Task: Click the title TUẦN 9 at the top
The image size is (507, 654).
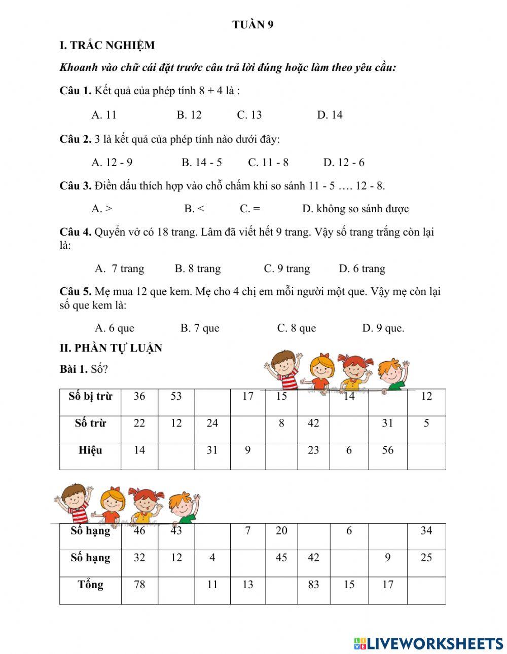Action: click(253, 25)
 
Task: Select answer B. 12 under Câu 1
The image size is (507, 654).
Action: click(189, 115)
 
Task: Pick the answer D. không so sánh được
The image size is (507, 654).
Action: click(355, 209)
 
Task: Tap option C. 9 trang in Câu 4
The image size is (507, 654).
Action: click(286, 268)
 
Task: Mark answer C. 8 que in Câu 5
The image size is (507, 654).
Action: click(296, 328)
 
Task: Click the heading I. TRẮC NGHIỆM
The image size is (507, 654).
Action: click(107, 46)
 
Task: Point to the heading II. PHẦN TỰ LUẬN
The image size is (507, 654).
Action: click(111, 348)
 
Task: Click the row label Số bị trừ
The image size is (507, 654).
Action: click(90, 397)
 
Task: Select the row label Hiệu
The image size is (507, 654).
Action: click(90, 450)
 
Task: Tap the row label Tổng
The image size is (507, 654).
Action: click(90, 585)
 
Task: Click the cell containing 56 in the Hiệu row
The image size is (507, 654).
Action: click(387, 450)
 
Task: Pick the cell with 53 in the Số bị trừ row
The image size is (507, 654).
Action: click(176, 397)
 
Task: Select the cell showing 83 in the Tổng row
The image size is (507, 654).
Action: click(313, 585)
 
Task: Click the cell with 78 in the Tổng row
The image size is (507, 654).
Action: click(139, 585)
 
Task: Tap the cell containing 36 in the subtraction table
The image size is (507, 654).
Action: click(139, 397)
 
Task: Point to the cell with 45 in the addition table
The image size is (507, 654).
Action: click(281, 558)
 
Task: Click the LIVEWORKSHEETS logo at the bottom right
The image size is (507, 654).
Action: click(428, 643)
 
